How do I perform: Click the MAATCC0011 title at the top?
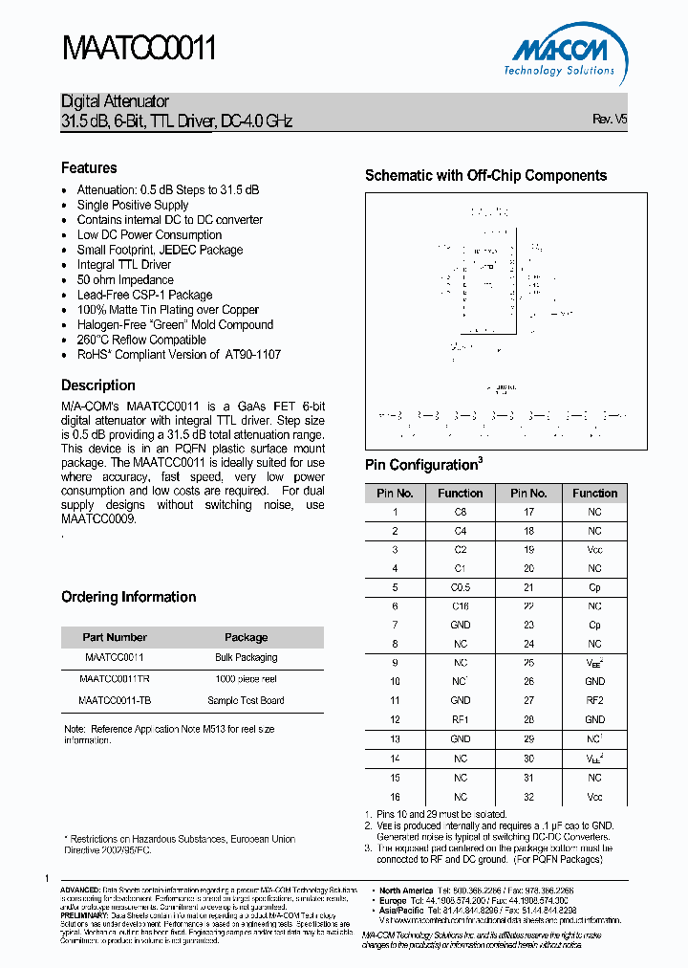[x=139, y=49]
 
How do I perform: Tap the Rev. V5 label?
[x=609, y=120]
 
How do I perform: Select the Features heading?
[x=89, y=167]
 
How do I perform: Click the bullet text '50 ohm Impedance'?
[x=125, y=280]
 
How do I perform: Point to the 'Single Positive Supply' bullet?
[x=133, y=205]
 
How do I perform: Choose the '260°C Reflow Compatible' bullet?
[x=141, y=340]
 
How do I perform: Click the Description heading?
[x=98, y=385]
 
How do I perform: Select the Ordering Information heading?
[x=129, y=597]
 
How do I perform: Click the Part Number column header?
[x=115, y=637]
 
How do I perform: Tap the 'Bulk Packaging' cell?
[x=246, y=658]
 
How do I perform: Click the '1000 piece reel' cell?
[x=246, y=679]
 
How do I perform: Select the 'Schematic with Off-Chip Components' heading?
[x=485, y=176]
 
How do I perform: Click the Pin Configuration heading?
[x=420, y=466]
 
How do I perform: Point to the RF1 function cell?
[x=461, y=719]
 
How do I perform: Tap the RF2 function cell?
[x=594, y=700]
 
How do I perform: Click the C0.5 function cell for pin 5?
[x=461, y=587]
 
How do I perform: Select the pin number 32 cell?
[x=528, y=797]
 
